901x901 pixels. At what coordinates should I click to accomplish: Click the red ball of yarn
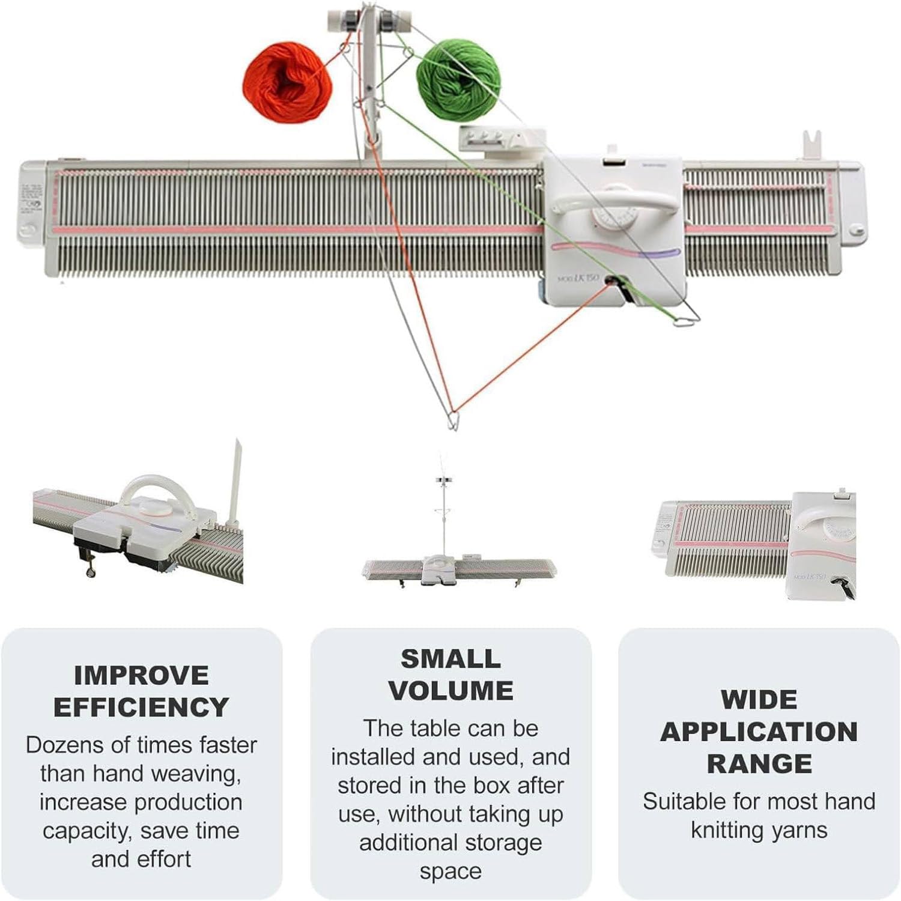coord(287,82)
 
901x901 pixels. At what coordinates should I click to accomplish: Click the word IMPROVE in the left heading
coord(141,676)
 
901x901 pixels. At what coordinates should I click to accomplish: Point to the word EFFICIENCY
coord(141,707)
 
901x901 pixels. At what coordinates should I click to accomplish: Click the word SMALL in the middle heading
coord(450,659)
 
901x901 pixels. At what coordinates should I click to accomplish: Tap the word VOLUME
coord(450,691)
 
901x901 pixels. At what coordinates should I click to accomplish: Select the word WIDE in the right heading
coord(759,700)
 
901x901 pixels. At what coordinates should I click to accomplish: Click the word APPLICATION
coord(759,732)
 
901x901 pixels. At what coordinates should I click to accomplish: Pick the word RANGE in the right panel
coord(759,763)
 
